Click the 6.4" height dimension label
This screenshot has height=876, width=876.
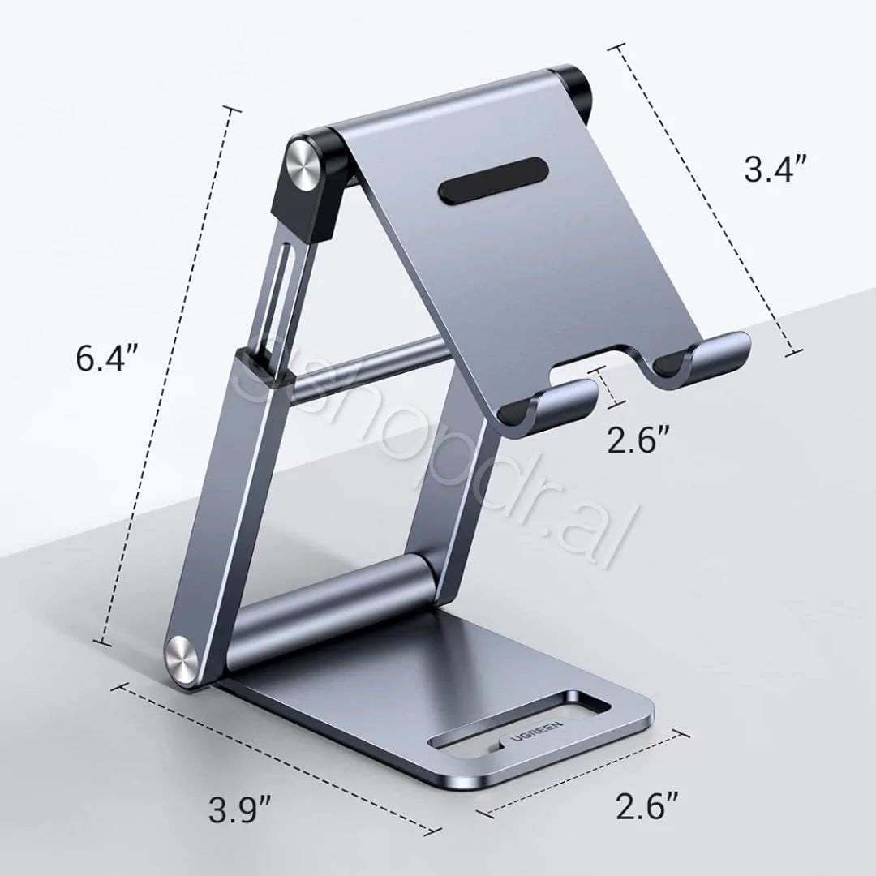107,359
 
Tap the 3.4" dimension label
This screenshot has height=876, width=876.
775,170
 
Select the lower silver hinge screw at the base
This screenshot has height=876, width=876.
182,660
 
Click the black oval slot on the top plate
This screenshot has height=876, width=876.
493,181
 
